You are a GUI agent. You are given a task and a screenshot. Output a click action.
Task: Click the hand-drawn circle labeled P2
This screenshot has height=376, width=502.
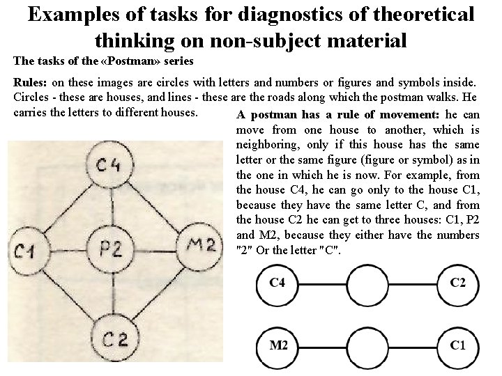[x=112, y=247]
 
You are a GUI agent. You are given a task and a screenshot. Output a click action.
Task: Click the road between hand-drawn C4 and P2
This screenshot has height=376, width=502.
[x=111, y=207]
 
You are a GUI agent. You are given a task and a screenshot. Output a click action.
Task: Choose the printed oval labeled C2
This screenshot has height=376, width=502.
[x=458, y=283]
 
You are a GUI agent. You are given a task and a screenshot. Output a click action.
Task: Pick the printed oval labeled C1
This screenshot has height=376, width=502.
[x=458, y=345]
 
